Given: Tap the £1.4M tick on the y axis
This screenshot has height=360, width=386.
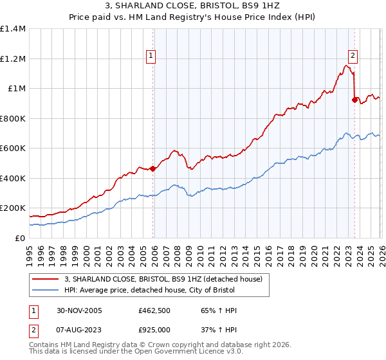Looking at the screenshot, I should pyautogui.click(x=13, y=29).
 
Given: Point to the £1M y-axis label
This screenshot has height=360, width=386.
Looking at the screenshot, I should pyautogui.click(x=16, y=89).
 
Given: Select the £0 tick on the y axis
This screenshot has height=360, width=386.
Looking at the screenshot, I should pyautogui.click(x=19, y=238).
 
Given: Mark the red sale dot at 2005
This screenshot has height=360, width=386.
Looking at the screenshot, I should pyautogui.click(x=152, y=169).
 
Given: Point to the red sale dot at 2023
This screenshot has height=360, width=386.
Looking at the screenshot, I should pyautogui.click(x=354, y=100).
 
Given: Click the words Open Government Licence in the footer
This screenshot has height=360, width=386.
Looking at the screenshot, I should pyautogui.click(x=173, y=352).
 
